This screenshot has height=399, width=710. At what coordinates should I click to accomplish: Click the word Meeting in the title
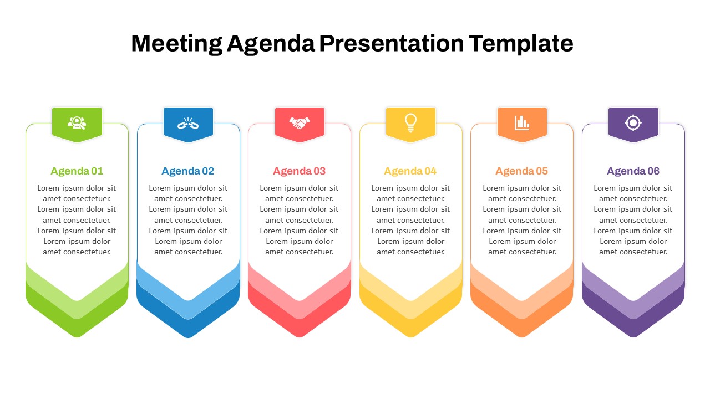coord(176,43)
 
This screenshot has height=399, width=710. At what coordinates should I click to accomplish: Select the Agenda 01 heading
coord(77,171)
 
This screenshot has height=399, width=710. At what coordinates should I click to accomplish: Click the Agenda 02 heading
coord(188,171)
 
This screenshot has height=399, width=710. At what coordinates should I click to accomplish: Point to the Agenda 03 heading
coord(300,171)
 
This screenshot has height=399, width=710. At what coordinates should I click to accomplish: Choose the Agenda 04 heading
coord(410,171)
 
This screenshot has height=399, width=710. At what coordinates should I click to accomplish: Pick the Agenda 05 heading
coord(522,171)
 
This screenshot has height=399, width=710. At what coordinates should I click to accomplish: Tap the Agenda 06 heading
coord(633,171)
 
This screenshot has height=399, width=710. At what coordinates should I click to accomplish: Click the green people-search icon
coord(77,122)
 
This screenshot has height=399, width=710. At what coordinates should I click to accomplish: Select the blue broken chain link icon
coord(188,123)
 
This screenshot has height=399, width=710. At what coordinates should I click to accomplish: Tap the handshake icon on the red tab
coord(300,123)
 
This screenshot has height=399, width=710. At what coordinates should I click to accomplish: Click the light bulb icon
coord(410,122)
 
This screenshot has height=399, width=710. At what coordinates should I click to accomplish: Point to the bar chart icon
coord(522,122)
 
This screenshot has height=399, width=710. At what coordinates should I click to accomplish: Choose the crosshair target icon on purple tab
coord(633,122)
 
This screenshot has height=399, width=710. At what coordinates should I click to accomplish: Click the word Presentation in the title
coord(391,43)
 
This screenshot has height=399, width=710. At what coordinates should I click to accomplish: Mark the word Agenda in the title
coord(270,43)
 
